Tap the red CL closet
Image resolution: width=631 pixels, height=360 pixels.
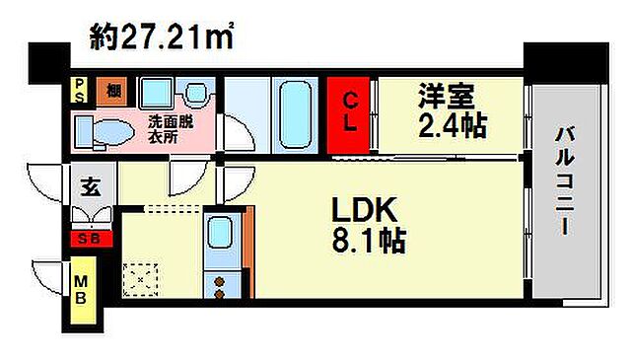tap(350, 114)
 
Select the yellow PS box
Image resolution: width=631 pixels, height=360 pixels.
tap(77, 92)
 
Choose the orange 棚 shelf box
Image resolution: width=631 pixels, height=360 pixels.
tap(113, 92)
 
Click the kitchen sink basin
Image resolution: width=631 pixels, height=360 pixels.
tap(219, 235)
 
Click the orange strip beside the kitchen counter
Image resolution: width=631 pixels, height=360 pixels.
tap(248, 252)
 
